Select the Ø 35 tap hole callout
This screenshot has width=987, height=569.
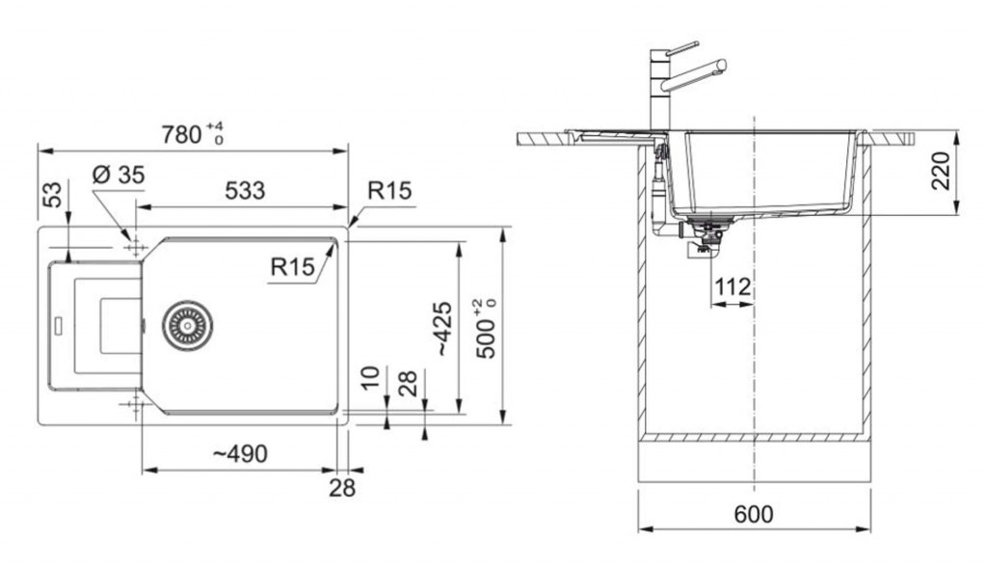(118, 175)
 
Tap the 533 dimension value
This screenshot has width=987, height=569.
(245, 190)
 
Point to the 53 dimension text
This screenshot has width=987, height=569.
(54, 194)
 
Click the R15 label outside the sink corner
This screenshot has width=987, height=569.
(389, 190)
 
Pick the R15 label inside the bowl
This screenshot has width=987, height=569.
(292, 267)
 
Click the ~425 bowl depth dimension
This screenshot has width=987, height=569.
(443, 328)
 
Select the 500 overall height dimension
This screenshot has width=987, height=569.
(487, 329)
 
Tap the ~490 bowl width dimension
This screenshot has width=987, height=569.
(239, 453)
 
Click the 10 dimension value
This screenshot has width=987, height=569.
(371, 377)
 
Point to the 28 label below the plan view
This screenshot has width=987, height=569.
(342, 487)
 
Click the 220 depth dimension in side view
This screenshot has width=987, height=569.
(941, 170)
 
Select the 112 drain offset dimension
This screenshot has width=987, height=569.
(734, 287)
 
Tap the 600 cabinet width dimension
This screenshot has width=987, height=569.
(754, 514)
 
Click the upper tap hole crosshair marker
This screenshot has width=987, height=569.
(135, 247)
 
